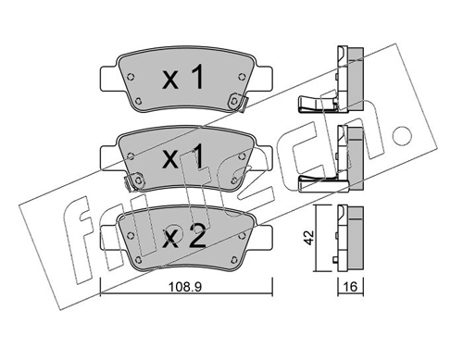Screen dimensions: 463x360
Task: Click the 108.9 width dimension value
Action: (x=184, y=287)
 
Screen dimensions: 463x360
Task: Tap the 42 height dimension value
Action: (x=308, y=237)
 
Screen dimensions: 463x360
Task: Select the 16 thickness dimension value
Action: (x=351, y=287)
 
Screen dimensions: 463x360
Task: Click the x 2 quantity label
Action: (x=184, y=237)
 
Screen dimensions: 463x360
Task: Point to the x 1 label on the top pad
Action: (x=183, y=77)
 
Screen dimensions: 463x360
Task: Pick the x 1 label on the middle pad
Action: (x=183, y=157)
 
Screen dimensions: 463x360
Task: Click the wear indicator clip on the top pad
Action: (x=238, y=102)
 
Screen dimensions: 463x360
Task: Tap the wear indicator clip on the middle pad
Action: (x=134, y=181)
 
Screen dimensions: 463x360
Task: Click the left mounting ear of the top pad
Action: (x=109, y=79)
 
